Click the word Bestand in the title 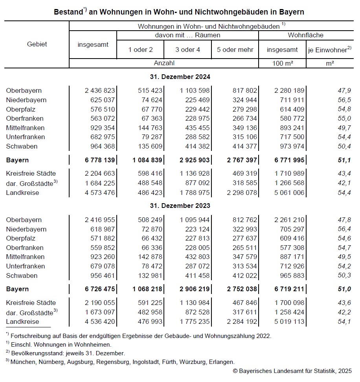[68, 12]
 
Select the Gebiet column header [37, 44]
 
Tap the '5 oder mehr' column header [235, 50]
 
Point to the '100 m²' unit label [282, 63]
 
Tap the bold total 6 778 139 [100, 160]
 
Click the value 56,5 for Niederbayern [345, 100]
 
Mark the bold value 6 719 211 [287, 289]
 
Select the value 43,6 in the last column [345, 303]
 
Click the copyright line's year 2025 [344, 371]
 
